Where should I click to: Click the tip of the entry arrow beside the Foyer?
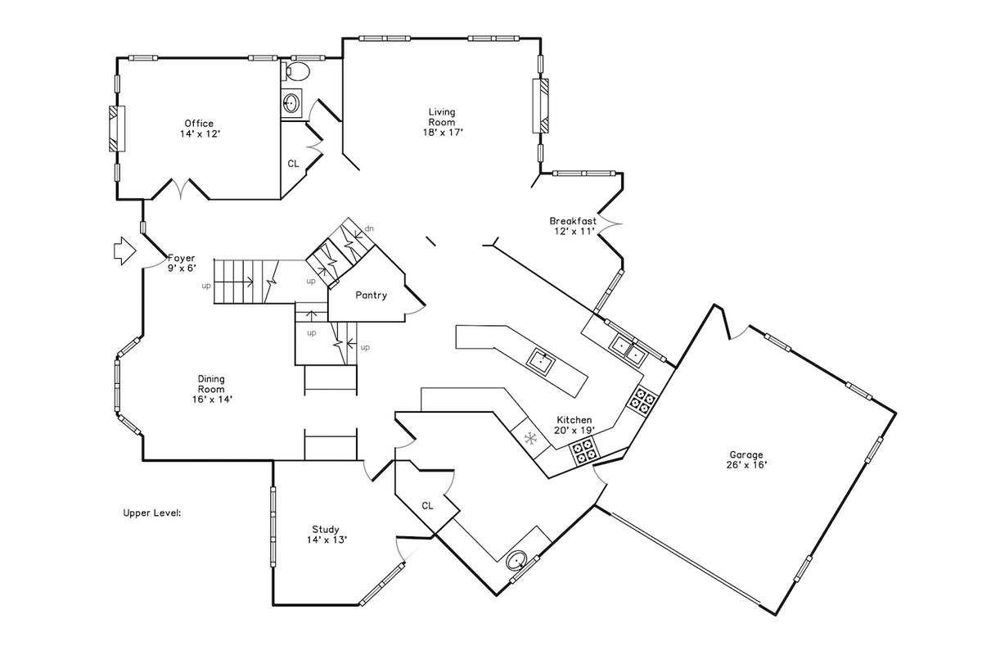coord(137,251)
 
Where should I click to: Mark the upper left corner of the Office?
coord(117,58)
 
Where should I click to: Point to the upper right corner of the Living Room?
coord(541,38)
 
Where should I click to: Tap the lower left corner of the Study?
coord(273,605)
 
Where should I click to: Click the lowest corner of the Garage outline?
coord(775,615)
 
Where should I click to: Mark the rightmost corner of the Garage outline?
coord(896,413)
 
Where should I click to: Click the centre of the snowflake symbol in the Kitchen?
coord(531,438)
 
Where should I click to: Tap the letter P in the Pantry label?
coord(358,296)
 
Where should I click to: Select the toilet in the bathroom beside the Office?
coord(297,70)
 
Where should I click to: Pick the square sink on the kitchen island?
coord(541,362)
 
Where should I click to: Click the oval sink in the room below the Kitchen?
coord(516,561)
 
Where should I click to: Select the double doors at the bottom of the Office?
coord(181,188)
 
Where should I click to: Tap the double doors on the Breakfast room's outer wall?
coord(610,224)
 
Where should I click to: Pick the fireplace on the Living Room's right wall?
coord(541,106)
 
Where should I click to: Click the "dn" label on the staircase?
coord(369,228)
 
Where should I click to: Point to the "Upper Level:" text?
coord(152,513)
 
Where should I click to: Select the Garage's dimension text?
coord(746,465)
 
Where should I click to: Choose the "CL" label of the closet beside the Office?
coord(293,164)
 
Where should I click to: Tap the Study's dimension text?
coord(327,540)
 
